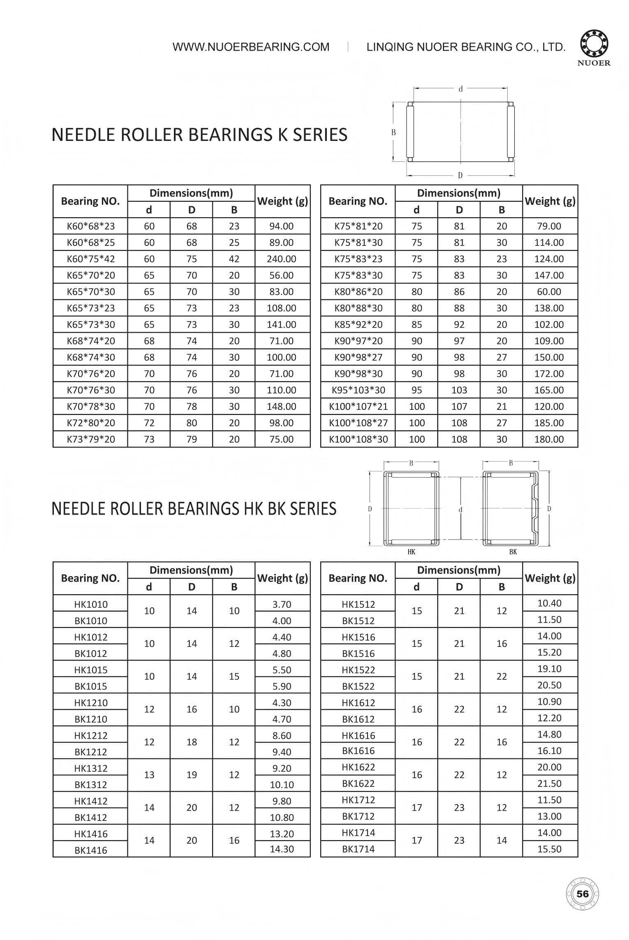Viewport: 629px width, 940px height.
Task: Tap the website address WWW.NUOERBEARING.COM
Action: click(x=251, y=47)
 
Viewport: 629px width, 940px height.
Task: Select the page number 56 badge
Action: click(x=582, y=894)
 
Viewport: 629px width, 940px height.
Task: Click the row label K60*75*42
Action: click(x=91, y=259)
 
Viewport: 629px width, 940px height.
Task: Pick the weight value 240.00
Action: click(x=282, y=259)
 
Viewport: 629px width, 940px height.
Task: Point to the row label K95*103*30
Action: click(x=358, y=390)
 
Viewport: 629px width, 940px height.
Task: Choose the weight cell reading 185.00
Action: click(x=549, y=423)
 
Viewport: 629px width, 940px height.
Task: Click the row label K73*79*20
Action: click(x=91, y=439)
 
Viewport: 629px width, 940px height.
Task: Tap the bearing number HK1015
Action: click(x=91, y=670)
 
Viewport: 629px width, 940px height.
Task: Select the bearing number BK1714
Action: click(x=358, y=849)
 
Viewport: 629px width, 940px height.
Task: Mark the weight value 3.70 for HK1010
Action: click(x=282, y=604)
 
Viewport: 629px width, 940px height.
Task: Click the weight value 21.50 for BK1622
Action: click(x=549, y=784)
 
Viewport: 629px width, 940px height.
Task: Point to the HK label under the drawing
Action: click(x=412, y=552)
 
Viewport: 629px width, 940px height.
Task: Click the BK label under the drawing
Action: click(x=513, y=552)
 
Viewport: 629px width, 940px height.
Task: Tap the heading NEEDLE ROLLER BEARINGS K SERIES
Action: click(x=199, y=135)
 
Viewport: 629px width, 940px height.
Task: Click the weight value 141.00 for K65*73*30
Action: click(x=282, y=325)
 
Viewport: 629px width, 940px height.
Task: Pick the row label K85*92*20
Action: click(x=358, y=325)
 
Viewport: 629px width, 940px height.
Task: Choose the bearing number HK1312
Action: click(x=91, y=768)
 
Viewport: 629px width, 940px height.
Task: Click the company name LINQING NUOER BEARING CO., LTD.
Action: click(x=466, y=47)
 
